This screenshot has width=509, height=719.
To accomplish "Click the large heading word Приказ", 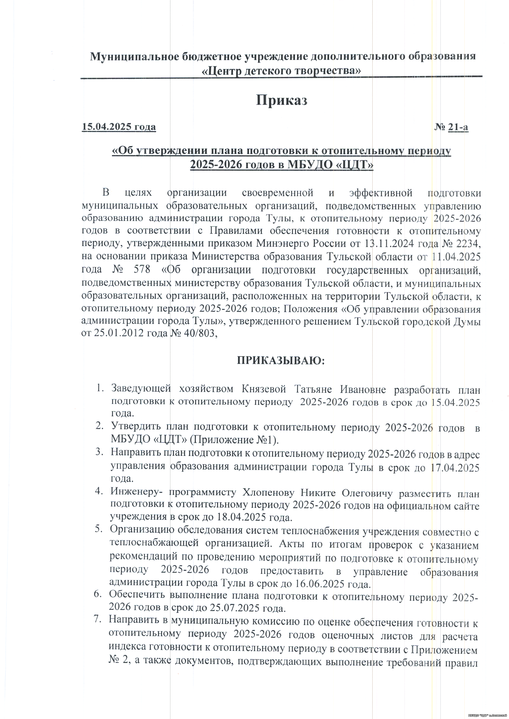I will pyautogui.click(x=281, y=100).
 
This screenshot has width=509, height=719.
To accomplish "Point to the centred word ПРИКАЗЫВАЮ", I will pyautogui.click(x=281, y=361).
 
